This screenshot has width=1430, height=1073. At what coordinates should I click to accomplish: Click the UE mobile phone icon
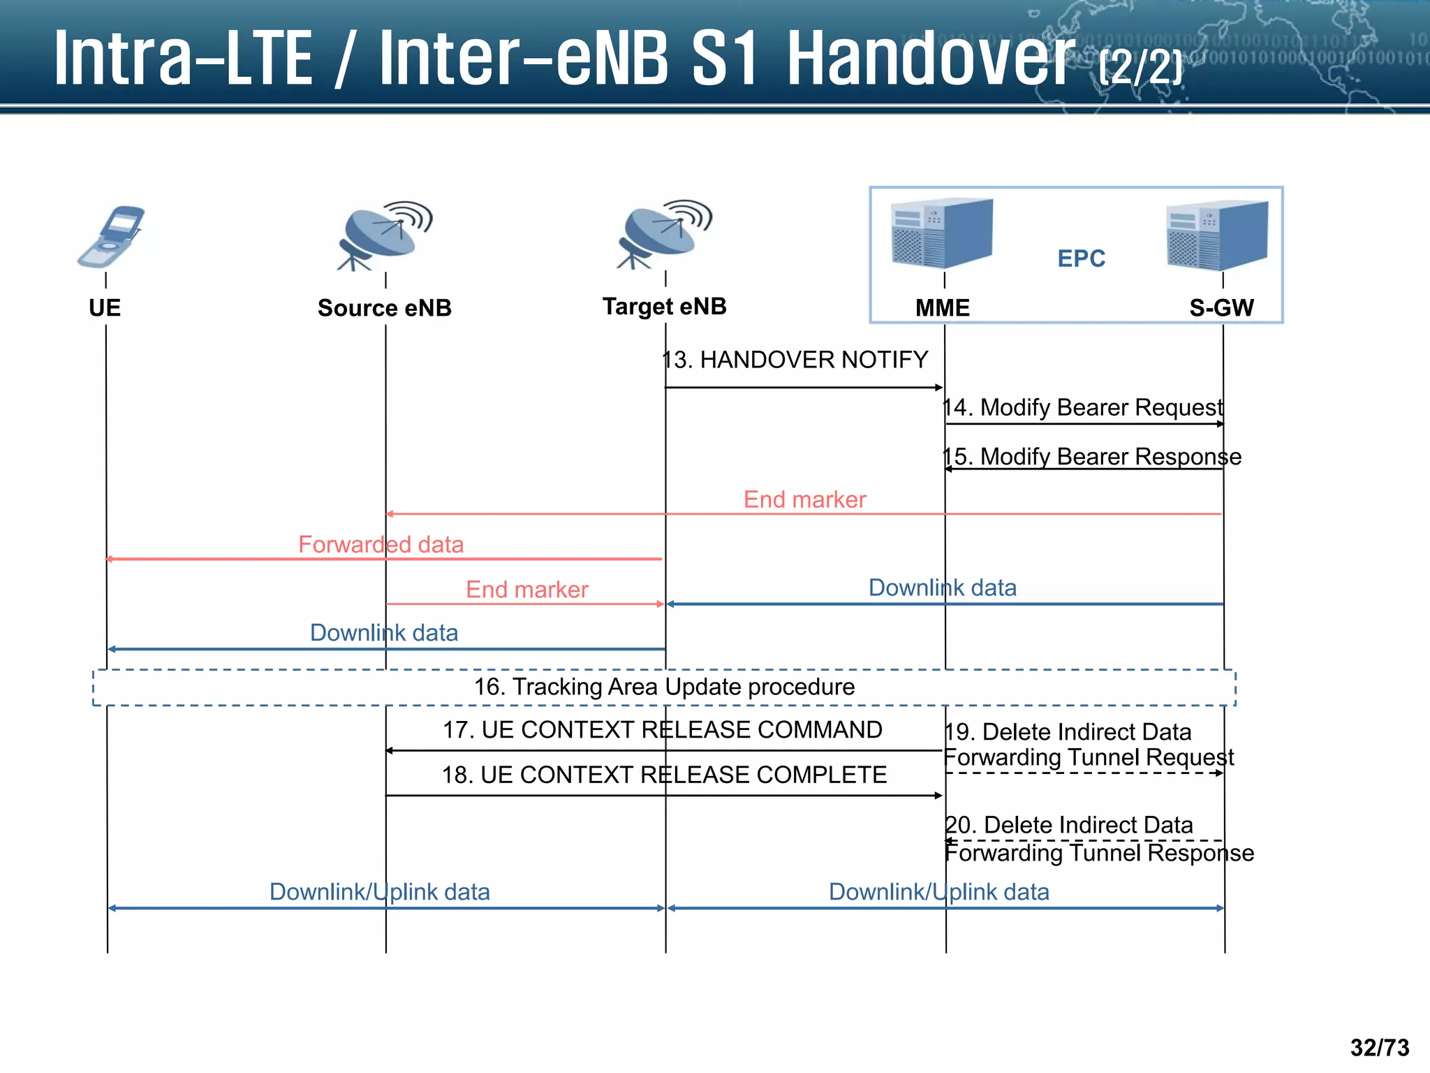[x=112, y=238]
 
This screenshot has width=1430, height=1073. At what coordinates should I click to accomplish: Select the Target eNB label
[x=664, y=307]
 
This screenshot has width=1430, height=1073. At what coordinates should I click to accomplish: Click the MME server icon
[x=942, y=233]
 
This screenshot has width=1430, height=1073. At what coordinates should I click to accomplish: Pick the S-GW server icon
[x=1217, y=235]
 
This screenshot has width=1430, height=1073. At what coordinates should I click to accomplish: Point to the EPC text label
[x=1081, y=259]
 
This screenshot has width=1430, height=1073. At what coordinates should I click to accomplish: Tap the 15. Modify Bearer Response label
[x=1092, y=457]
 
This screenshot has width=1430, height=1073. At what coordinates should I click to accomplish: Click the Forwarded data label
[x=381, y=545]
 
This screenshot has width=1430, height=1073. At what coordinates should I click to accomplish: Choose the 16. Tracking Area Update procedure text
[x=664, y=687]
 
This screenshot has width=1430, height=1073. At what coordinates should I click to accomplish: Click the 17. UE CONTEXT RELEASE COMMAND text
[x=662, y=730]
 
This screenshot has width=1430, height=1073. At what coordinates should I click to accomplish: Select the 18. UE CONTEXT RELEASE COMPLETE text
[x=664, y=775]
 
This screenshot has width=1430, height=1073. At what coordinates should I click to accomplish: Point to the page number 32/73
[x=1379, y=1048]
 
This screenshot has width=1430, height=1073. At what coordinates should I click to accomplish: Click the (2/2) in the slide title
[x=1140, y=68]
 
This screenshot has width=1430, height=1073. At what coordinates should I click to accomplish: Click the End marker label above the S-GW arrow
[x=804, y=500]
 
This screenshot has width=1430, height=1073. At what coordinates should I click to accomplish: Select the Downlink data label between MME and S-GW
[x=942, y=588]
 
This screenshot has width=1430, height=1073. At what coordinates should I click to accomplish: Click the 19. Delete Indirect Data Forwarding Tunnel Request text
[x=1088, y=745]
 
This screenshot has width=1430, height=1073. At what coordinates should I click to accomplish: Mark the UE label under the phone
[x=105, y=308]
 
